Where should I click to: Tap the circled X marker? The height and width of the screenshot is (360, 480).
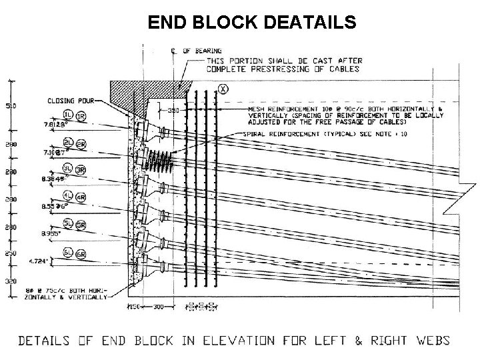223,88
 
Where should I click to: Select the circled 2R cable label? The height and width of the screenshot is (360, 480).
81,144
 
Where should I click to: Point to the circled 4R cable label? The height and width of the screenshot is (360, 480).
81,197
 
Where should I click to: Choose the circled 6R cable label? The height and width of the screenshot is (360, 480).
81,255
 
